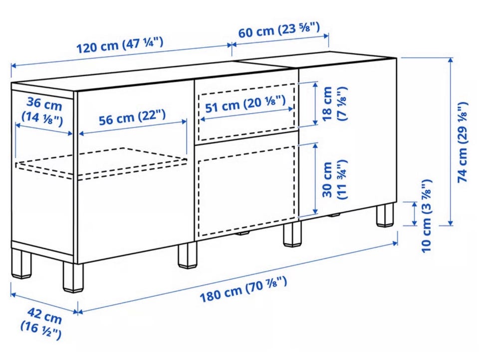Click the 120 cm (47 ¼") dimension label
119,45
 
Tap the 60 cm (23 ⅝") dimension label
279,30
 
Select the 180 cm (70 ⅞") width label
243,289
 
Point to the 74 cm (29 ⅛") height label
463,142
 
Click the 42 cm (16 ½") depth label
42,324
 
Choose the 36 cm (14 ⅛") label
43,111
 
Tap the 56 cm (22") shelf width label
133,118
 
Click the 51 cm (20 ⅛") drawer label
245,104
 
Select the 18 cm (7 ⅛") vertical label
334,103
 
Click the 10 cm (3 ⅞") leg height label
426,216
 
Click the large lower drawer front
246,186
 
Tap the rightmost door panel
347,138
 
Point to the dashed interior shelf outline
101,163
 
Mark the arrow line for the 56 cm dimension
133,127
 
